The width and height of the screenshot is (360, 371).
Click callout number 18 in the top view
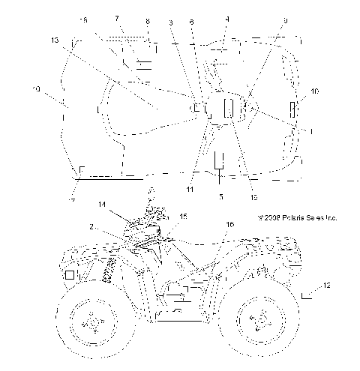(x=83, y=19)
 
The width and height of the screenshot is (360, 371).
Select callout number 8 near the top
(x=147, y=22)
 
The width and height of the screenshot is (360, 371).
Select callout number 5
(x=220, y=196)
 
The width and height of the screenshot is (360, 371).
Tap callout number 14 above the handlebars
(x=102, y=204)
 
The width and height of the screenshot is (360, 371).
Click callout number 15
(x=184, y=216)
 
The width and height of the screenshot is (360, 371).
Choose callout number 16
(x=229, y=224)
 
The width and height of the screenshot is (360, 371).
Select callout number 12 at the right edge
(x=327, y=285)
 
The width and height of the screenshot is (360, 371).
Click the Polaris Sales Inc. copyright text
(x=297, y=219)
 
